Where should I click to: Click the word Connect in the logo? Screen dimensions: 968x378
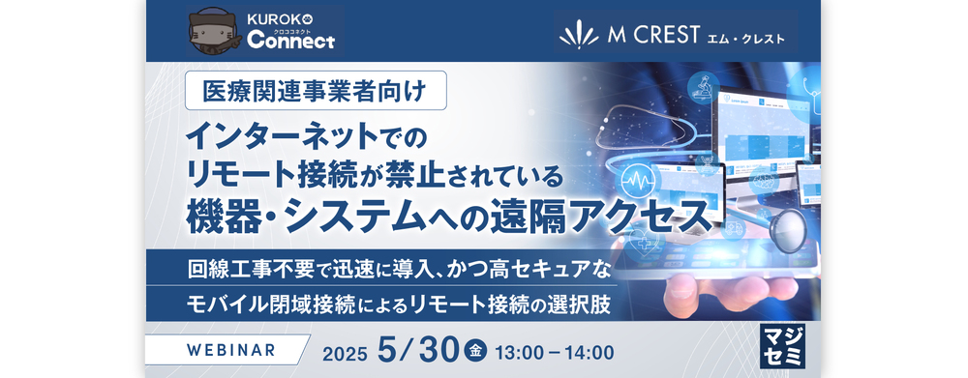[x=290, y=41]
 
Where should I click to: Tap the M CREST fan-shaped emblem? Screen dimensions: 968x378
[x=580, y=36]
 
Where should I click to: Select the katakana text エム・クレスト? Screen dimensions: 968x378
[x=745, y=39]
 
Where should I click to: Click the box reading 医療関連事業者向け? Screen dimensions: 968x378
[x=316, y=91]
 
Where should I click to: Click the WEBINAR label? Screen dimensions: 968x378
[x=231, y=350]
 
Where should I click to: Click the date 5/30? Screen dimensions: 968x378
[x=418, y=350]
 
